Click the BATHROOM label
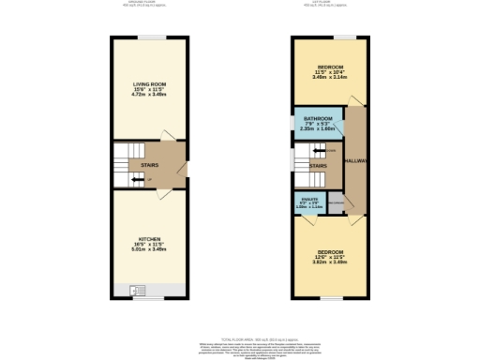click(318, 118)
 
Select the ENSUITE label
click(309, 198)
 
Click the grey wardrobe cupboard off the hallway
click(335, 207)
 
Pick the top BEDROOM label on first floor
click(328, 67)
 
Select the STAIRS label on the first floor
click(317, 166)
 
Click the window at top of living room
click(149, 37)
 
